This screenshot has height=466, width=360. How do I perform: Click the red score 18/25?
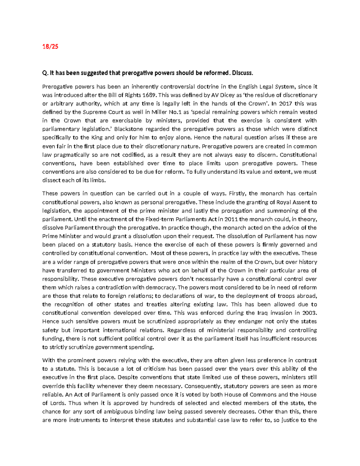tap(50, 47)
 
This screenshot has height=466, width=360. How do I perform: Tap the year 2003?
tap(309, 313)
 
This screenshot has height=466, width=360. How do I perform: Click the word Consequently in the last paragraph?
tap(202, 386)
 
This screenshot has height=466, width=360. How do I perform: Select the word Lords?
tap(58, 403)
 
